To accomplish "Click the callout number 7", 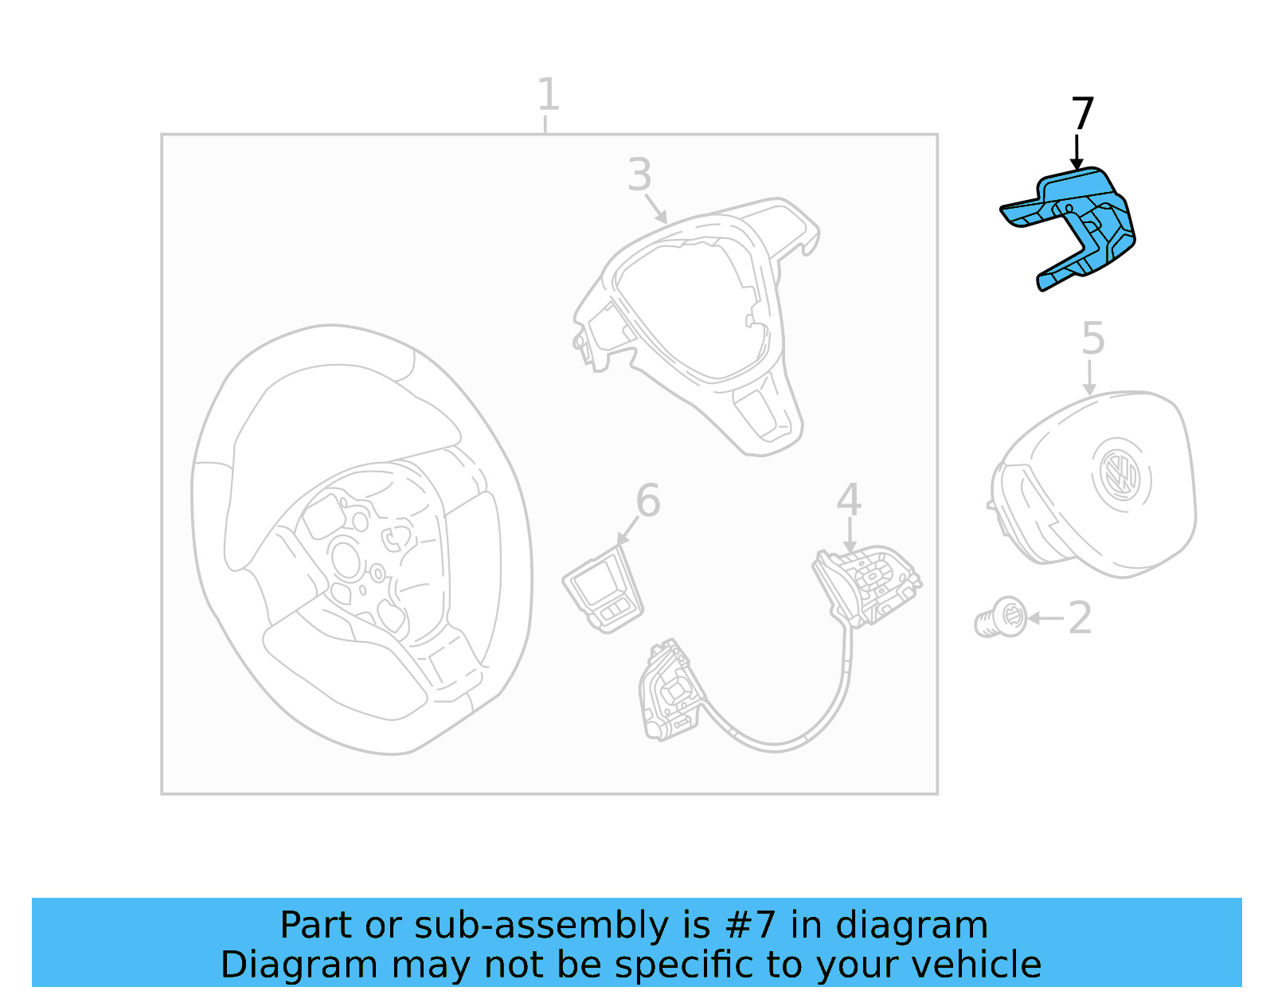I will click(1082, 113).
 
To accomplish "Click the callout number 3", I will click(639, 174).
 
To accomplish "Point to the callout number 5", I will click(1092, 339).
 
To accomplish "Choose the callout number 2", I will click(1080, 618).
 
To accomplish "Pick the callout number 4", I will click(849, 500).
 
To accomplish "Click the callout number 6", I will click(647, 501).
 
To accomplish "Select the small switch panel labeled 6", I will click(603, 593).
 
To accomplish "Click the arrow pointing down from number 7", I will click(1077, 152).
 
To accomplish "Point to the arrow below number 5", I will click(1089, 378).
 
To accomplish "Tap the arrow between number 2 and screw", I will click(1045, 618).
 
